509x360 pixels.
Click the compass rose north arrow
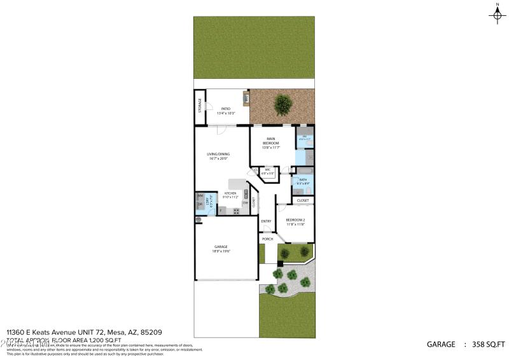(497, 15)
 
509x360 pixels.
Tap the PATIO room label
(225, 109)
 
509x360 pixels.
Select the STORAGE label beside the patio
(200, 106)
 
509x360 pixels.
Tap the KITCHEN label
(230, 193)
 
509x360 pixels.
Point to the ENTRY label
(267, 221)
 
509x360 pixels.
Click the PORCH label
(267, 239)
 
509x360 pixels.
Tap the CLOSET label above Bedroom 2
(303, 200)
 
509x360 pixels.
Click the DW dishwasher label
(244, 203)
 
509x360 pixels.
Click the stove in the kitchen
(235, 211)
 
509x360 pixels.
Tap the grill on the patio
(245, 99)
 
